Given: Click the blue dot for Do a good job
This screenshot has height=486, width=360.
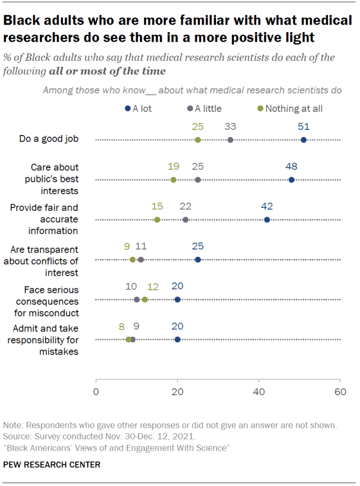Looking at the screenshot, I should [304, 139].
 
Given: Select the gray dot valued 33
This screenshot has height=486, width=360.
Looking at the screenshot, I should [231, 139].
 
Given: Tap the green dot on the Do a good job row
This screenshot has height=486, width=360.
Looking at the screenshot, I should [198, 139].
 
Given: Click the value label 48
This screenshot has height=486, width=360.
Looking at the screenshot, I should [291, 166].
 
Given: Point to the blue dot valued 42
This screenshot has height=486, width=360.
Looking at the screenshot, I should [267, 219].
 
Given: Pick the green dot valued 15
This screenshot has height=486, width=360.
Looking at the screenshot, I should [157, 219].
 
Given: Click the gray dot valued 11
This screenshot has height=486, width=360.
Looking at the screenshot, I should [141, 259].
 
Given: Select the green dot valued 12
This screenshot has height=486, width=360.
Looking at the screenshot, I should [145, 299].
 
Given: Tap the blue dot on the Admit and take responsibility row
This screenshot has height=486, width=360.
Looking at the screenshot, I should [178, 339].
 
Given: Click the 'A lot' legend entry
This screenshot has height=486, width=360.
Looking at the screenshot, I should [138, 109].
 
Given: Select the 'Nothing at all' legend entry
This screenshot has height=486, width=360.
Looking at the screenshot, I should [289, 109].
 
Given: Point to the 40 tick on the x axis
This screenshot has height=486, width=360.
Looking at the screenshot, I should [259, 391].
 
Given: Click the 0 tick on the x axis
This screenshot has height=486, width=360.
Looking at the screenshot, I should [96, 391].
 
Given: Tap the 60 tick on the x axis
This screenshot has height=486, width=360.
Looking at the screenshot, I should [340, 391].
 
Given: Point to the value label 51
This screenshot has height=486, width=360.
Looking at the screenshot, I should [304, 127].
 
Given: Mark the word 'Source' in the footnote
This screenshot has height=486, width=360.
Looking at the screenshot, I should [15, 436].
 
